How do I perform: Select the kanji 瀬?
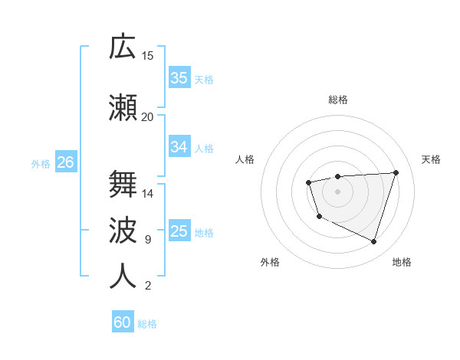(x=123, y=107)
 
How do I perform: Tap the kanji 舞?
(x=123, y=184)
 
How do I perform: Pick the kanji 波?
(x=123, y=230)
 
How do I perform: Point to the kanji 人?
(x=123, y=276)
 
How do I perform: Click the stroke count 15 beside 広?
(x=148, y=56)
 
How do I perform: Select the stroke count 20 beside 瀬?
(x=148, y=117)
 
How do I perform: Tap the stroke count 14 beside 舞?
(x=148, y=194)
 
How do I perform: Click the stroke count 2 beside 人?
(x=147, y=286)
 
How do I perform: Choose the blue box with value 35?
(x=179, y=77)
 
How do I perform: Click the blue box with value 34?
(x=179, y=146)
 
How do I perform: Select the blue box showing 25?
(x=179, y=231)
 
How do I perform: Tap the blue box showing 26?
(x=65, y=162)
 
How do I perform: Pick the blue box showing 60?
(x=123, y=322)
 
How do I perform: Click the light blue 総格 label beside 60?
(x=147, y=324)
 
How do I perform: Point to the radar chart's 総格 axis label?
(x=337, y=100)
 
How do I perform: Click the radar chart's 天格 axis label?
(x=432, y=159)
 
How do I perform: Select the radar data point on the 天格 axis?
(x=396, y=172)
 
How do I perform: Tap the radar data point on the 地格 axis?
(x=373, y=241)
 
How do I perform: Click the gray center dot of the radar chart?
(x=337, y=191)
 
